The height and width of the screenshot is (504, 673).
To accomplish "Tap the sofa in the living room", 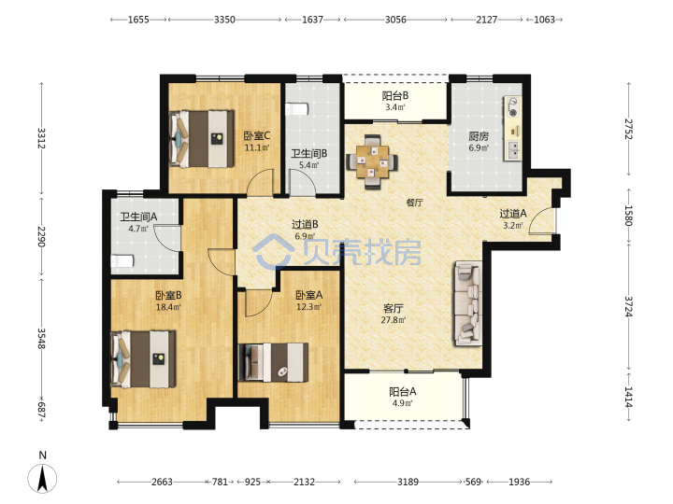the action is point(468,303).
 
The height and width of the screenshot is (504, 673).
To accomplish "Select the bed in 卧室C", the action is point(202,139).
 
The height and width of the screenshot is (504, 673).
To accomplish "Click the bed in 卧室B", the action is point(143,359).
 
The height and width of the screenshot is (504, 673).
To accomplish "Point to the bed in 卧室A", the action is point(273,362).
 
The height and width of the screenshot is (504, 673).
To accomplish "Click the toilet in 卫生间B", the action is point(297,109).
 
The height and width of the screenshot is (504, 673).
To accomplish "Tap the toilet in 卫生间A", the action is point(122,261).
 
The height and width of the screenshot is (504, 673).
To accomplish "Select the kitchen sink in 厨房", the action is point(513,150).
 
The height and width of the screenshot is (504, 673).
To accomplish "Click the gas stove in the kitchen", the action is point(512,107).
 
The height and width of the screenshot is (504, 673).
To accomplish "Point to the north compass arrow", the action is point(42,478).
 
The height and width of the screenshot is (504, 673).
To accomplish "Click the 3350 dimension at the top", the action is point(224,20).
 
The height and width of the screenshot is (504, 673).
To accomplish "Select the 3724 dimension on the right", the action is point(628,306).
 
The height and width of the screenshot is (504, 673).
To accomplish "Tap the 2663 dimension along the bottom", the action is point(162,482).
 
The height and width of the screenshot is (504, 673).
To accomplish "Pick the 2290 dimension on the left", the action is point(41,236).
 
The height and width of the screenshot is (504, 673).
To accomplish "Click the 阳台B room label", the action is point(395,96).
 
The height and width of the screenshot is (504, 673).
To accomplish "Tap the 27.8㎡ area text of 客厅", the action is point(394,320).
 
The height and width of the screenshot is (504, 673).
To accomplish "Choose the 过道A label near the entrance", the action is point(513,213).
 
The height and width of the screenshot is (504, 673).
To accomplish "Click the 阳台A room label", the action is point(403,392).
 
